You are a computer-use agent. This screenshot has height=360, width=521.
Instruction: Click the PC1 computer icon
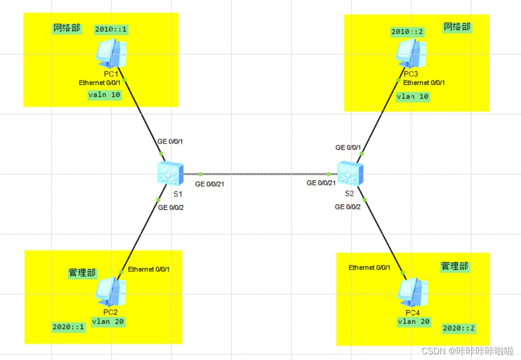111,53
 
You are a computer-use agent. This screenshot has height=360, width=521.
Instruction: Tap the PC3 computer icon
411,52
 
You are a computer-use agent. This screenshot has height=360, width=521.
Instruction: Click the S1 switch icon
170,174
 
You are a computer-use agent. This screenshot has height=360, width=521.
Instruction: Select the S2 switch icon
350,174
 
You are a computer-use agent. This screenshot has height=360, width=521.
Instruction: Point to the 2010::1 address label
111,29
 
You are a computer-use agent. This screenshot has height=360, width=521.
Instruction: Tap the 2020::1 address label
69,327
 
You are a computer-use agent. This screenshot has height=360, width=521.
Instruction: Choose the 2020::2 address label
460,328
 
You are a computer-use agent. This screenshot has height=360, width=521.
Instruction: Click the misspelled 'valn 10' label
104,95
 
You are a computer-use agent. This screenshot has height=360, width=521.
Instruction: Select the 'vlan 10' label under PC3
413,96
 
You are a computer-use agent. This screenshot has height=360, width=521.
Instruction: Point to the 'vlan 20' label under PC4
414,322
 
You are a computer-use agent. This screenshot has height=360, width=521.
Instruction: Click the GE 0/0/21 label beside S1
210,184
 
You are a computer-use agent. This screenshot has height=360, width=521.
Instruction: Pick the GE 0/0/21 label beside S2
321,183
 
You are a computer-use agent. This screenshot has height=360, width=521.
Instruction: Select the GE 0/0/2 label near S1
171,207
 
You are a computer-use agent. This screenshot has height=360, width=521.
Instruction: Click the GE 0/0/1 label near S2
348,147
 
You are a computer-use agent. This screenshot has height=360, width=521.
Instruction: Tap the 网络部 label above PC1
67,28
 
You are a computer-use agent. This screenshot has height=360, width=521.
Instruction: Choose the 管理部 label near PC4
454,266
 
